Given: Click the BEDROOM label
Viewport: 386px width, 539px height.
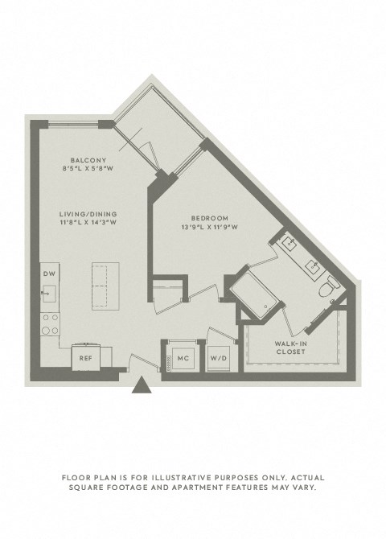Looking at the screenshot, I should pos(211,218).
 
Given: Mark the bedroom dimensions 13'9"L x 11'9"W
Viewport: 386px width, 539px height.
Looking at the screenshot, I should pos(211,228).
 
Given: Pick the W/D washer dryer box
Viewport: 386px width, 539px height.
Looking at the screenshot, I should pos(217,357).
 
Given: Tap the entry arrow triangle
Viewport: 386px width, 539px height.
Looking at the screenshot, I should pos(143,389).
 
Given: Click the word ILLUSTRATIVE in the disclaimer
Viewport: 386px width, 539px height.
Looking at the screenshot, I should pos(173,477).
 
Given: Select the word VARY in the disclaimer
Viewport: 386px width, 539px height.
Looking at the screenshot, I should pos(309,488).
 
